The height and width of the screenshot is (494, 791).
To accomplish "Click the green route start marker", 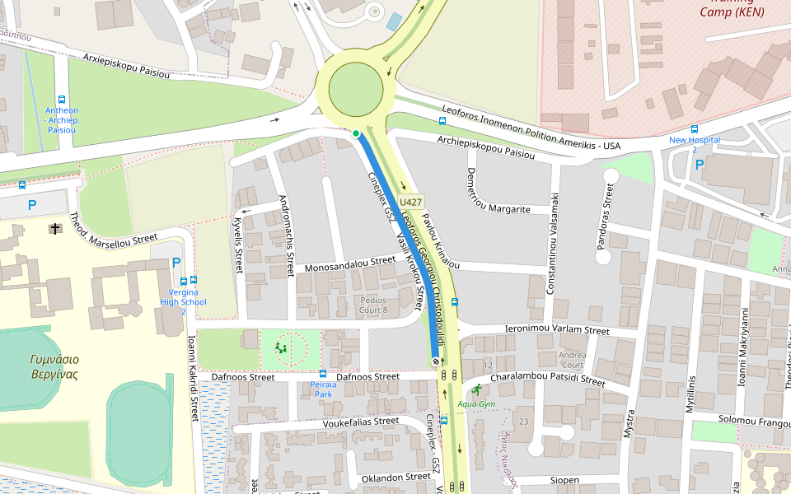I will coord(356,133).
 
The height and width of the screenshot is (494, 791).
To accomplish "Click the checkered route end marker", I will coord(435,361).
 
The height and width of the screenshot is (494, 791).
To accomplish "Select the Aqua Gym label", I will coord(476,403).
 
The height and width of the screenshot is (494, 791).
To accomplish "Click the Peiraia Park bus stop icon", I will coord(322,374).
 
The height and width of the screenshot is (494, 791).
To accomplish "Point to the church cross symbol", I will coord(55,228).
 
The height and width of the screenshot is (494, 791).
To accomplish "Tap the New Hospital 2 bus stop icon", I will coord(695,129).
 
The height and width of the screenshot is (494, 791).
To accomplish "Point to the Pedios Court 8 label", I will coord(379,305).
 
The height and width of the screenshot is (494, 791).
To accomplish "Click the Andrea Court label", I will coord(572,360).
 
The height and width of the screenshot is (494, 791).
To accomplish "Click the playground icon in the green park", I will coord(283,348).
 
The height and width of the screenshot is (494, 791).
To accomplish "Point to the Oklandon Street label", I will coord(395,476).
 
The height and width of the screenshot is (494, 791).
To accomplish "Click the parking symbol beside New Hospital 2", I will coord(700,165).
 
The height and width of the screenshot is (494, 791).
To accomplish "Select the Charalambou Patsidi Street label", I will coord(547,380).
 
